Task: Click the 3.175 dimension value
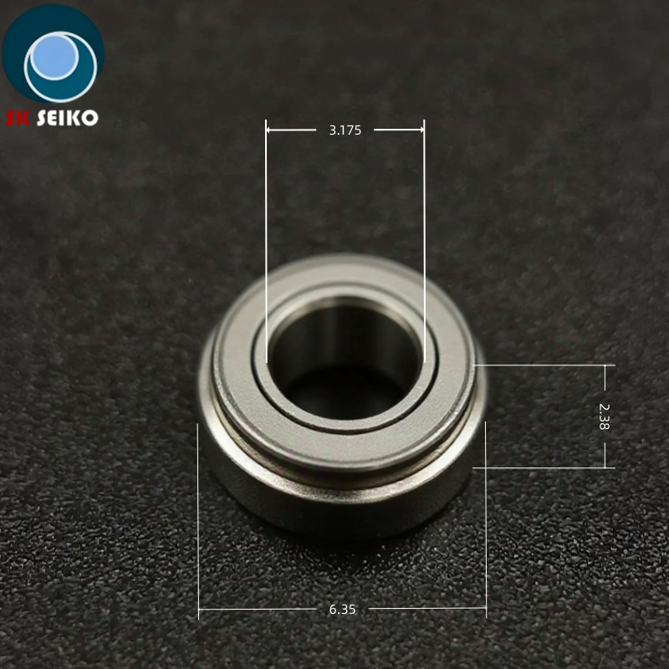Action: pyautogui.click(x=345, y=130)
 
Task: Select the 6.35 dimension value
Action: pyautogui.click(x=342, y=610)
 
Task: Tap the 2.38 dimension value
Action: pyautogui.click(x=605, y=416)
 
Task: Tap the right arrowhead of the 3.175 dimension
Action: pyautogui.click(x=420, y=130)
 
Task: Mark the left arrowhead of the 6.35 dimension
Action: pyautogui.click(x=202, y=609)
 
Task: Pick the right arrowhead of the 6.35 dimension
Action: pyautogui.click(x=482, y=609)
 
